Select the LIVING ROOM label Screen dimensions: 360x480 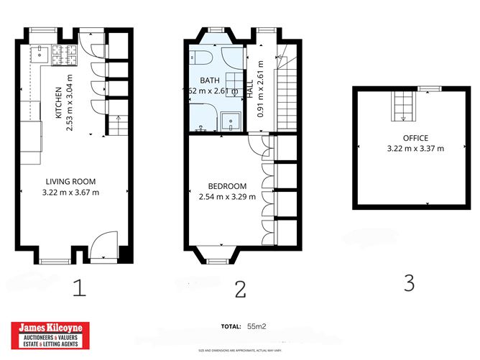pos(70,182)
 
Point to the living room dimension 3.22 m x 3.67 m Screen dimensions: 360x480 pos(70,192)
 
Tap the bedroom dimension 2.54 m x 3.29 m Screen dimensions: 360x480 pos(224,194)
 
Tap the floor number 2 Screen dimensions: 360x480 pos(240,289)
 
